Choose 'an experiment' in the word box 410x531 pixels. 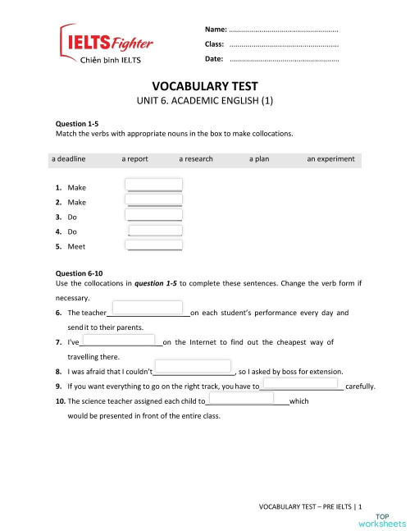click(330, 158)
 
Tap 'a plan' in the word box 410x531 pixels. click(262, 158)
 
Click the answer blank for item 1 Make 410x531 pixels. click(154, 185)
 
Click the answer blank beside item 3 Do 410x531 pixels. click(154, 215)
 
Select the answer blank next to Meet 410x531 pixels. click(154, 245)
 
